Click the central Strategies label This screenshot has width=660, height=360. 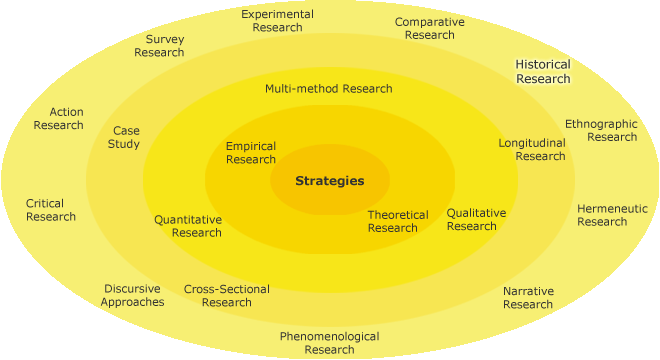(329, 181)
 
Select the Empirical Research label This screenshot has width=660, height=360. (251, 153)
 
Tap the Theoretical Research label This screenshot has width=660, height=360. (397, 221)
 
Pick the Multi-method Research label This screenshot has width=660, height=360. (329, 88)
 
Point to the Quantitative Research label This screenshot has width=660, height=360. (188, 226)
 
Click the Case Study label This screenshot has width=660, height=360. (126, 137)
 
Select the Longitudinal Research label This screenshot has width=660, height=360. (533, 149)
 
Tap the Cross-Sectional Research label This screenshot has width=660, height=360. (227, 296)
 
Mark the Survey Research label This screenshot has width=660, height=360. (159, 46)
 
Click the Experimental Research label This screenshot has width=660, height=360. (277, 21)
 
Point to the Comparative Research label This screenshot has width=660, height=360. (430, 28)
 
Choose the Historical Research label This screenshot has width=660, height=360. (543, 71)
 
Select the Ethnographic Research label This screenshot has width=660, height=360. (601, 130)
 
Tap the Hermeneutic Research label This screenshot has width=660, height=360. (612, 215)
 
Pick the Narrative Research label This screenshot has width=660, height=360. (528, 298)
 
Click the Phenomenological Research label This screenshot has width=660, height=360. (329, 343)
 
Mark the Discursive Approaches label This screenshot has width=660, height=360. (132, 295)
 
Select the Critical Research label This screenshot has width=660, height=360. (51, 210)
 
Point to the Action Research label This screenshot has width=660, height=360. (59, 118)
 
